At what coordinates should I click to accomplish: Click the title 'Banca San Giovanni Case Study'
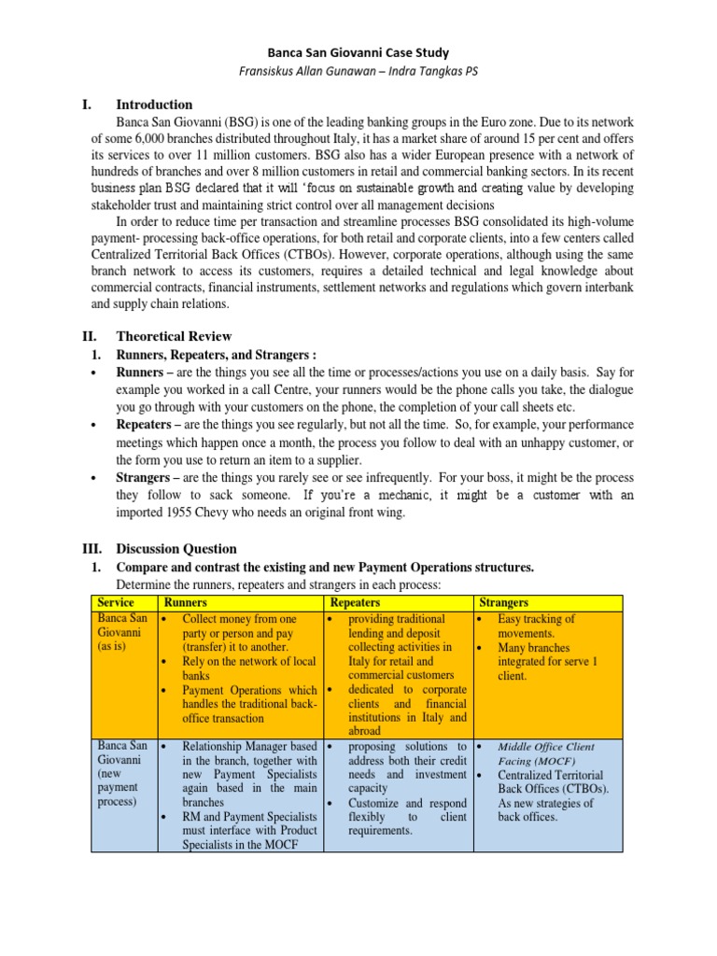click(358, 54)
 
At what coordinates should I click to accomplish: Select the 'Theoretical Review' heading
click(174, 336)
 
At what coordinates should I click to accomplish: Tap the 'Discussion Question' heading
click(176, 549)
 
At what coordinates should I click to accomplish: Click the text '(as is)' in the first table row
click(115, 646)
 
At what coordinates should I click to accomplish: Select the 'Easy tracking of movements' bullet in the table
click(537, 626)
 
